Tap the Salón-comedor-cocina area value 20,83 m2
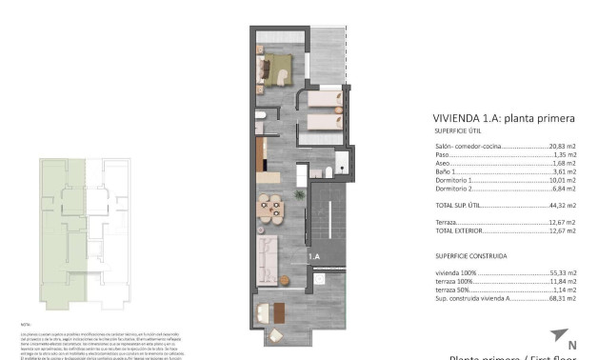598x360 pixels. [x=563, y=147]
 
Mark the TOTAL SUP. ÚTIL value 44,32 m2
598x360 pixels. [x=563, y=205]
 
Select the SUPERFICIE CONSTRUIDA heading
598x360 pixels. [x=470, y=256]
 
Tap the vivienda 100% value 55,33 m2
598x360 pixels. [x=563, y=273]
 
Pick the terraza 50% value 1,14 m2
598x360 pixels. [x=565, y=290]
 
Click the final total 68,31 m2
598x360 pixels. [x=563, y=298]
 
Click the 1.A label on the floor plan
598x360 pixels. [x=313, y=257]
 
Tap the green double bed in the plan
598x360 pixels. [x=279, y=69]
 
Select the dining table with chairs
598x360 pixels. [x=271, y=207]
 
